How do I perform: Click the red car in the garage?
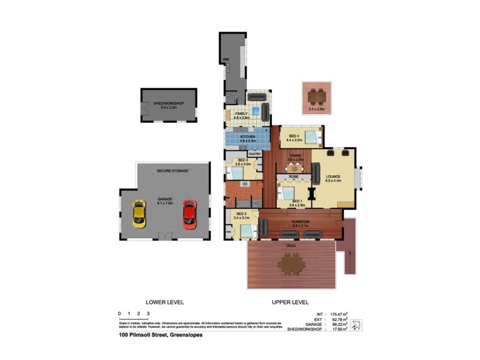(x=189, y=213)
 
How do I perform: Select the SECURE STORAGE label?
(x=172, y=171)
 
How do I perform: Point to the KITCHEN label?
(x=248, y=137)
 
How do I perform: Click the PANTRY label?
(x=254, y=154)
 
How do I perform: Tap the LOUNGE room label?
(x=333, y=176)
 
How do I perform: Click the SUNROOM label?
(x=300, y=222)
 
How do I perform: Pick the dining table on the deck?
(x=292, y=262)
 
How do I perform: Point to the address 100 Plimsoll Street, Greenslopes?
(x=160, y=335)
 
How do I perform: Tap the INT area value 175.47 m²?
(x=340, y=314)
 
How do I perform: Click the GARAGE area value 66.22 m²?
(x=340, y=324)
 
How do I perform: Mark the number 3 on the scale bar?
(x=148, y=314)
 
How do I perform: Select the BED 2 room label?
(x=242, y=214)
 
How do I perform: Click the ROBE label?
(x=294, y=177)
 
